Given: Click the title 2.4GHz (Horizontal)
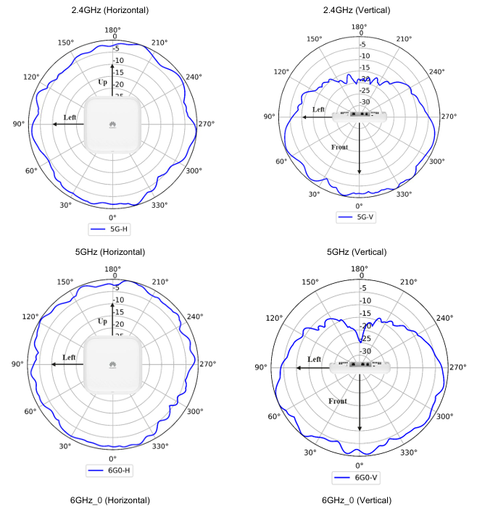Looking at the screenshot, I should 110,10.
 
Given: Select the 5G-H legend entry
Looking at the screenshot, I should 110,230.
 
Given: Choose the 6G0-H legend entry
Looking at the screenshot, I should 110,471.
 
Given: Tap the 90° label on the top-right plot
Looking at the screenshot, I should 270,117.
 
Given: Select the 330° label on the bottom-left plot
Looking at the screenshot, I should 160,447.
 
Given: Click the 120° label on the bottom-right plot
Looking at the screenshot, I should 275,318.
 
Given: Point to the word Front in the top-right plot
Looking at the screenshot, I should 339,147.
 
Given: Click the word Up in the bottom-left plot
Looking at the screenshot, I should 102,321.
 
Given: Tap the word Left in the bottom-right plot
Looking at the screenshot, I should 315,359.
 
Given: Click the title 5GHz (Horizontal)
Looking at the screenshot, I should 110,251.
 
